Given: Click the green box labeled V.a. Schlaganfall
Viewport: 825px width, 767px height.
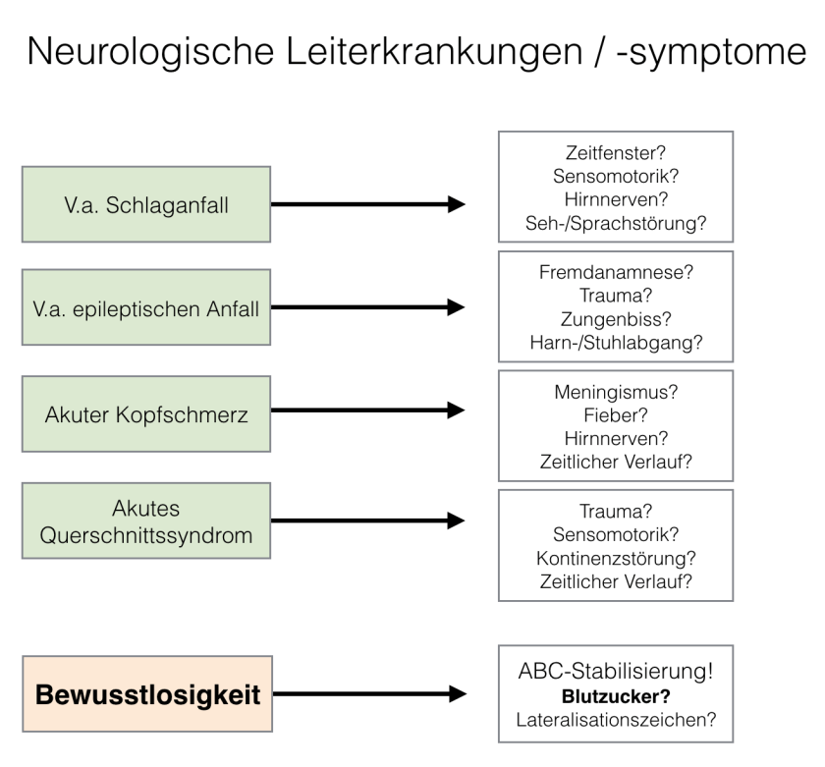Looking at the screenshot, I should [x=148, y=205].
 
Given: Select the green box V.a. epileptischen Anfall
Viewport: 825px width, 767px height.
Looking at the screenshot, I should [x=148, y=308].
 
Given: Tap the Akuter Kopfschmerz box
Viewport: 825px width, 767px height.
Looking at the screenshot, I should [x=148, y=411].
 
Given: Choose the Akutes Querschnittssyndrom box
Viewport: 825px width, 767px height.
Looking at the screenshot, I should [x=148, y=521].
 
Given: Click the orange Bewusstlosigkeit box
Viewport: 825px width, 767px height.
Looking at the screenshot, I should [x=148, y=695].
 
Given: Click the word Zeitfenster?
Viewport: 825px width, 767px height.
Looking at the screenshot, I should [x=613, y=155].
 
